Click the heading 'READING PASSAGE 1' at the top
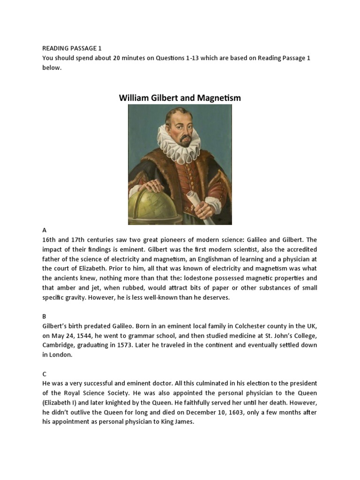point(72,48)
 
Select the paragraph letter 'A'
point(45,230)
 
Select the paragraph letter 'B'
point(45,316)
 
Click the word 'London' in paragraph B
point(62,355)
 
